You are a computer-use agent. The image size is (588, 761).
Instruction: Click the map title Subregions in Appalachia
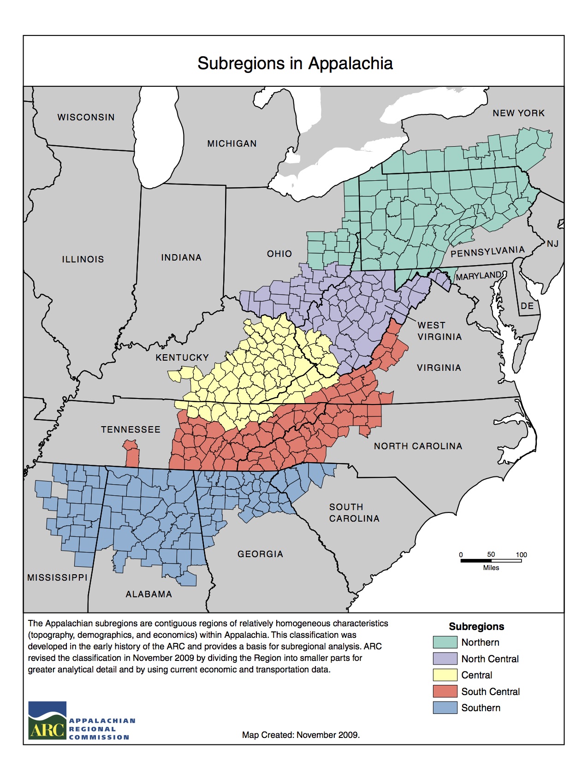pyautogui.click(x=295, y=63)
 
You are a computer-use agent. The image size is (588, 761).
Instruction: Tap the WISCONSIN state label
pyautogui.click(x=86, y=117)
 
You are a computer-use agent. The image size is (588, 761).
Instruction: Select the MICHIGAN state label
pyautogui.click(x=232, y=143)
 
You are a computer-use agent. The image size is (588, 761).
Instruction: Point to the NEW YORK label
pyautogui.click(x=518, y=113)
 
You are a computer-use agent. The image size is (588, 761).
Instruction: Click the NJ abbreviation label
pyautogui.click(x=552, y=244)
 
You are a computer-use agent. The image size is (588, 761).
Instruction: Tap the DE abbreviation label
pyautogui.click(x=527, y=306)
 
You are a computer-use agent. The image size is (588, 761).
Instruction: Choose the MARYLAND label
pyautogui.click(x=478, y=275)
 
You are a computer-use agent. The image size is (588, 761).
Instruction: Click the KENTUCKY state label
pyautogui.click(x=182, y=357)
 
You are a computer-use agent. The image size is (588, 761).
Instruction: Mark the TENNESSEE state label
pyautogui.click(x=131, y=429)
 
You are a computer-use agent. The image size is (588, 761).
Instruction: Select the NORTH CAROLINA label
pyautogui.click(x=418, y=446)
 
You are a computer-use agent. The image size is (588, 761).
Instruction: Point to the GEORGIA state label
pyautogui.click(x=260, y=554)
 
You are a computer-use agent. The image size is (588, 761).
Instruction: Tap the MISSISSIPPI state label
pyautogui.click(x=57, y=577)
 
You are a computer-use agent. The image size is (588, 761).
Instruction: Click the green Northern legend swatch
pyautogui.click(x=445, y=642)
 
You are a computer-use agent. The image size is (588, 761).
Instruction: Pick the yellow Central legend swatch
pyautogui.click(x=445, y=675)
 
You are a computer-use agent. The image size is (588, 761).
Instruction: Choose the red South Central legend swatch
pyautogui.click(x=445, y=691)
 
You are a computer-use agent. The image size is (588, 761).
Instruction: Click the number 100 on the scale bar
pyautogui.click(x=521, y=554)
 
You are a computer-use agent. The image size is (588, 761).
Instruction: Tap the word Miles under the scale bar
pyautogui.click(x=491, y=568)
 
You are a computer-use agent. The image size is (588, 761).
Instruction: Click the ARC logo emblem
pyautogui.click(x=48, y=720)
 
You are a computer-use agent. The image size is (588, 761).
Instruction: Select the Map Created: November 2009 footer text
pyautogui.click(x=301, y=735)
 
